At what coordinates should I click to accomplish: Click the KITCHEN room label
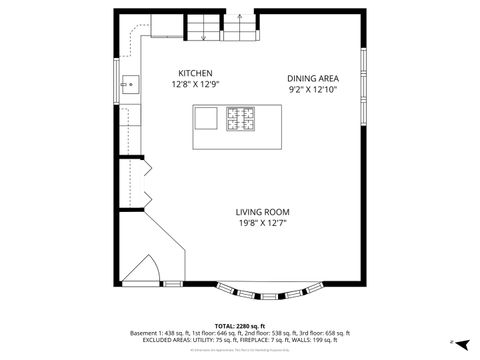(195, 74)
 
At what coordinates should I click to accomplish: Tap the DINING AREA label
(312, 78)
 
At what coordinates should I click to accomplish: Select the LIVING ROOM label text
(262, 211)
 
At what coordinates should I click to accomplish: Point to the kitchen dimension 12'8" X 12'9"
(195, 85)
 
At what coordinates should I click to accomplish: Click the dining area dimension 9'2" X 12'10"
(312, 89)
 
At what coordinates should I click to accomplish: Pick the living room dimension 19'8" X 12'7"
(262, 222)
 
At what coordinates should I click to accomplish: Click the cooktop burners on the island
(241, 119)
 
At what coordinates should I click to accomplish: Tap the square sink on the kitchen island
(206, 119)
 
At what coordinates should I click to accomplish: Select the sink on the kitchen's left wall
(129, 84)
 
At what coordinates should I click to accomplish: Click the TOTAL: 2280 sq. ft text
(240, 326)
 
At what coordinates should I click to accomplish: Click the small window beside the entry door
(172, 284)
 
